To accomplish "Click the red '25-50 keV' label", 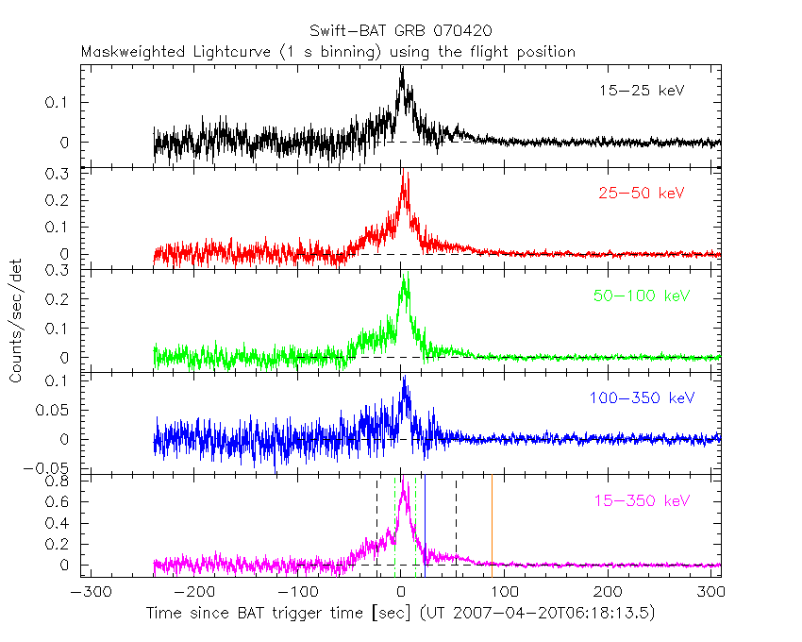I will (641, 194).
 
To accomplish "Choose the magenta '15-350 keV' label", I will (641, 500).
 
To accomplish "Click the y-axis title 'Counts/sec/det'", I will (16, 321).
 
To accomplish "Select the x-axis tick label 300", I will (713, 594).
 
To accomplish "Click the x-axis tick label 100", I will (505, 594).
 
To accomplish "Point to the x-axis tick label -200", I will (192, 594).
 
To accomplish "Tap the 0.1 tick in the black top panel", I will (68, 102).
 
